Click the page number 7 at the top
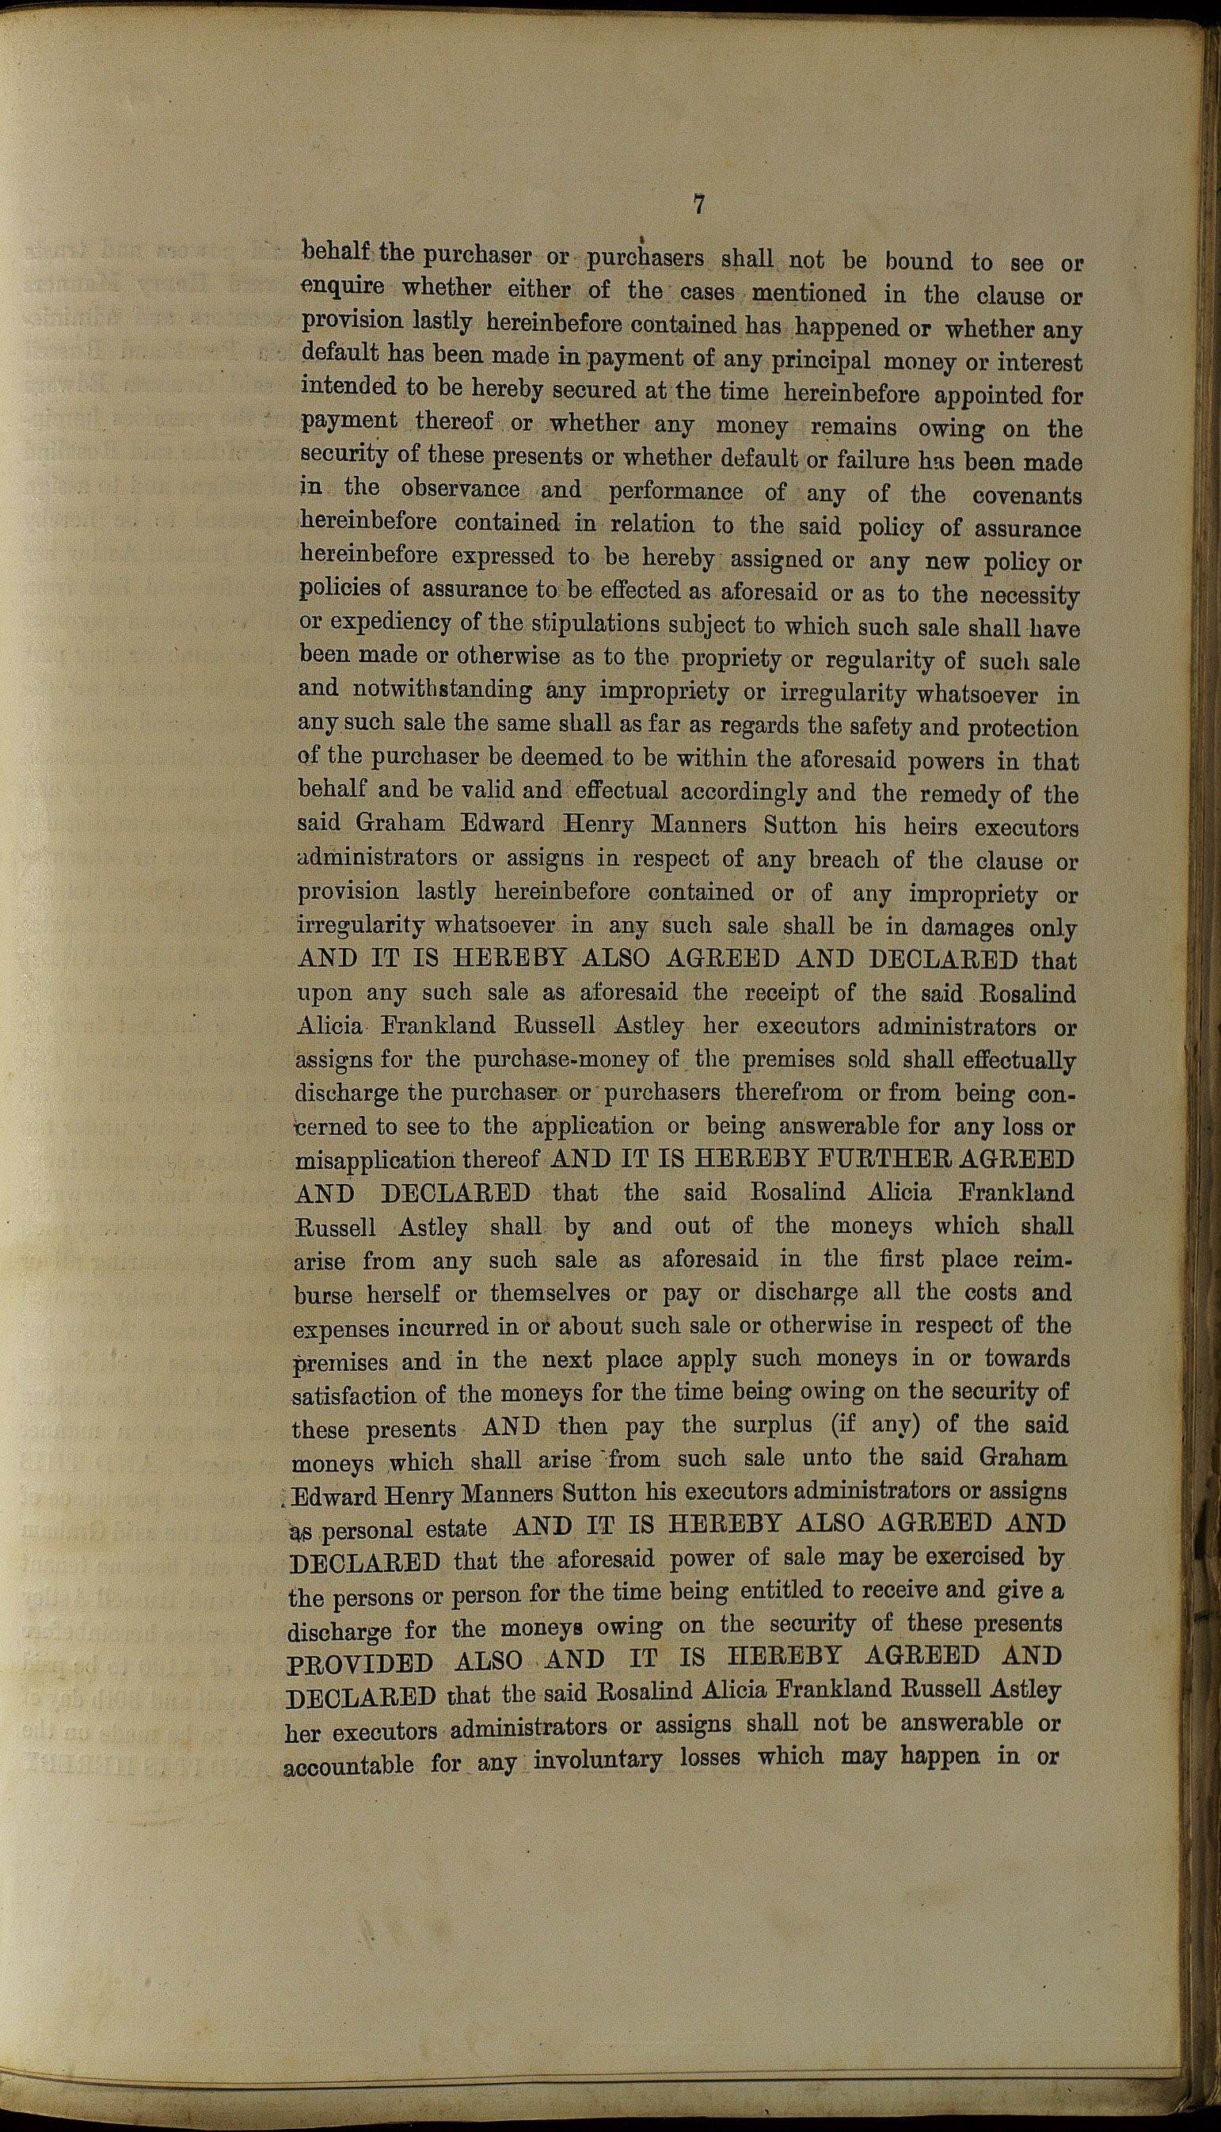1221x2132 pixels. click(698, 204)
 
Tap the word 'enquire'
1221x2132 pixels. click(343, 287)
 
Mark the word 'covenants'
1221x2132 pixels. click(1026, 495)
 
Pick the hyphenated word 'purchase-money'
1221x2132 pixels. click(559, 1060)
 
